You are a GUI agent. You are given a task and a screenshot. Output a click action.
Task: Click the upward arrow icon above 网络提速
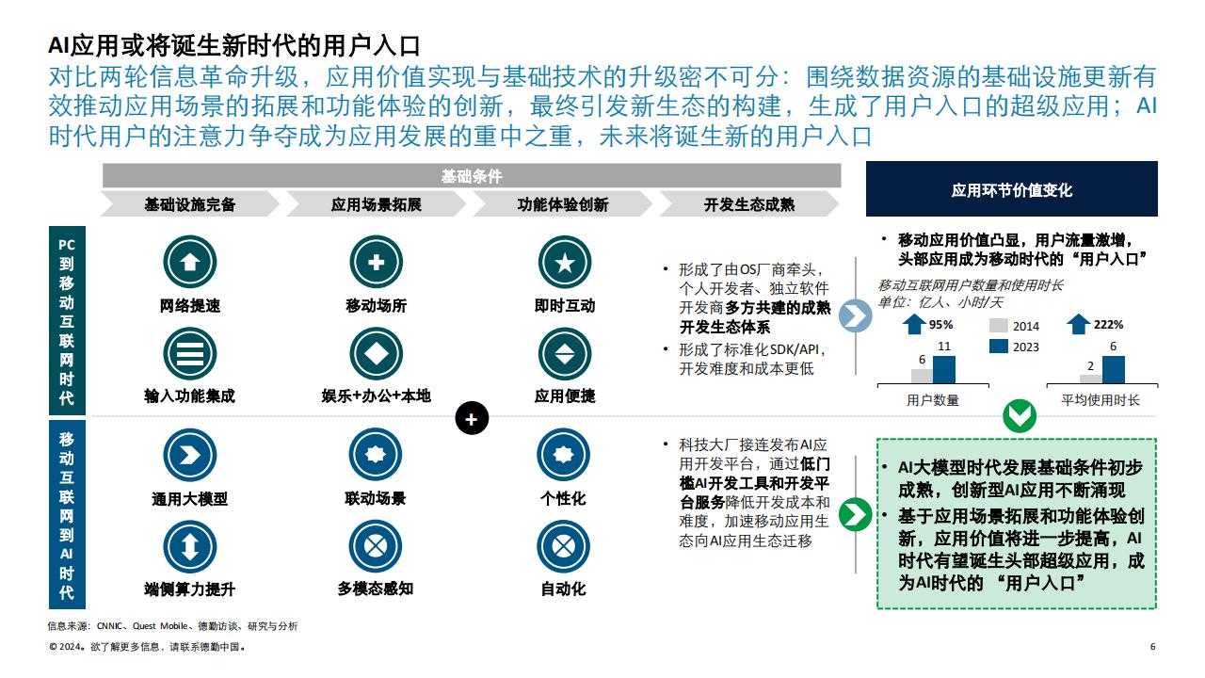(x=190, y=262)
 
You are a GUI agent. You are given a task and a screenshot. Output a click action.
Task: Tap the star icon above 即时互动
(x=564, y=263)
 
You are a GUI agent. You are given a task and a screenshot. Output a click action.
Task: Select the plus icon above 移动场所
(x=376, y=262)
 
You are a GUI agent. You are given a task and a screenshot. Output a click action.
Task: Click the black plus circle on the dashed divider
(x=472, y=418)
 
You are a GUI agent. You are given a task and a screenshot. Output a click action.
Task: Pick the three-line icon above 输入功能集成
(x=190, y=353)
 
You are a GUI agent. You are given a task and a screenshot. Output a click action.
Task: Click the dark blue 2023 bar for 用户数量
(x=944, y=370)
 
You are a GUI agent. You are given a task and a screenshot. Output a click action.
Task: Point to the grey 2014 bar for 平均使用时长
(x=1091, y=379)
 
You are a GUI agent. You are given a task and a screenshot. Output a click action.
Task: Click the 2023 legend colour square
(x=999, y=346)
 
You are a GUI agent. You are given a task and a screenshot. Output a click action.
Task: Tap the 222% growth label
(x=1108, y=325)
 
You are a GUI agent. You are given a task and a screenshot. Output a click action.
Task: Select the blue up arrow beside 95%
(x=913, y=325)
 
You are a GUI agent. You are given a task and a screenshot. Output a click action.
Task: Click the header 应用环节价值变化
(x=1011, y=190)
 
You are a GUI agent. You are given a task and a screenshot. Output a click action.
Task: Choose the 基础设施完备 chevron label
(x=190, y=204)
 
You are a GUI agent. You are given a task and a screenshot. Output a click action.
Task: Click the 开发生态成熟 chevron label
(x=749, y=204)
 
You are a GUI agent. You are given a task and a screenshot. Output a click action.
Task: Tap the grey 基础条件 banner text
(x=472, y=176)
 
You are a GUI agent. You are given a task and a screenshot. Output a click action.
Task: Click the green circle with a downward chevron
(x=1020, y=415)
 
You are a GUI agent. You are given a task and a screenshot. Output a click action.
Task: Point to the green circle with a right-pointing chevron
(x=856, y=514)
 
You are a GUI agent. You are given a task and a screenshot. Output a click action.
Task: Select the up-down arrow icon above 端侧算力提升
(x=189, y=547)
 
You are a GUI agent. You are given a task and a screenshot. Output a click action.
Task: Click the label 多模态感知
(x=376, y=589)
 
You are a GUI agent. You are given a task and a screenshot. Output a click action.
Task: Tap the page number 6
(x=1153, y=647)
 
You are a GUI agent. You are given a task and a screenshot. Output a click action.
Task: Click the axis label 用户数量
(x=933, y=400)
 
